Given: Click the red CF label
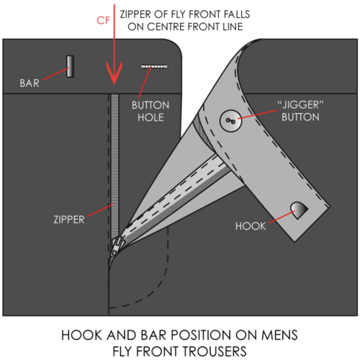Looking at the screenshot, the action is [x=104, y=21].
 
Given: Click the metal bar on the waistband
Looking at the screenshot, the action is [x=70, y=66].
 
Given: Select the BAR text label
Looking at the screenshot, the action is [x=30, y=84].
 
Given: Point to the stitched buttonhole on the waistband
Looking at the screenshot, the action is [x=154, y=66].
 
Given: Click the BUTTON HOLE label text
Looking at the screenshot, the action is [x=150, y=112].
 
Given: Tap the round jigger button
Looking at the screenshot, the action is [x=230, y=120].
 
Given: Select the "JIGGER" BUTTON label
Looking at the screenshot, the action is [x=300, y=111].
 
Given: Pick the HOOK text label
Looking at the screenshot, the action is [x=251, y=226].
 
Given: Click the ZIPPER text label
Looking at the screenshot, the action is [x=69, y=220].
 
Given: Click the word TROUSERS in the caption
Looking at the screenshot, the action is [x=212, y=351].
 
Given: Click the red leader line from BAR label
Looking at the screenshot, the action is [x=55, y=74].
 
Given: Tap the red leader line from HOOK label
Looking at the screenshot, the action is [x=282, y=217].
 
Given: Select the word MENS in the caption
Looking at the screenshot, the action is [x=279, y=336].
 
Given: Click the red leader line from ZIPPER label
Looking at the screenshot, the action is [x=100, y=210].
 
